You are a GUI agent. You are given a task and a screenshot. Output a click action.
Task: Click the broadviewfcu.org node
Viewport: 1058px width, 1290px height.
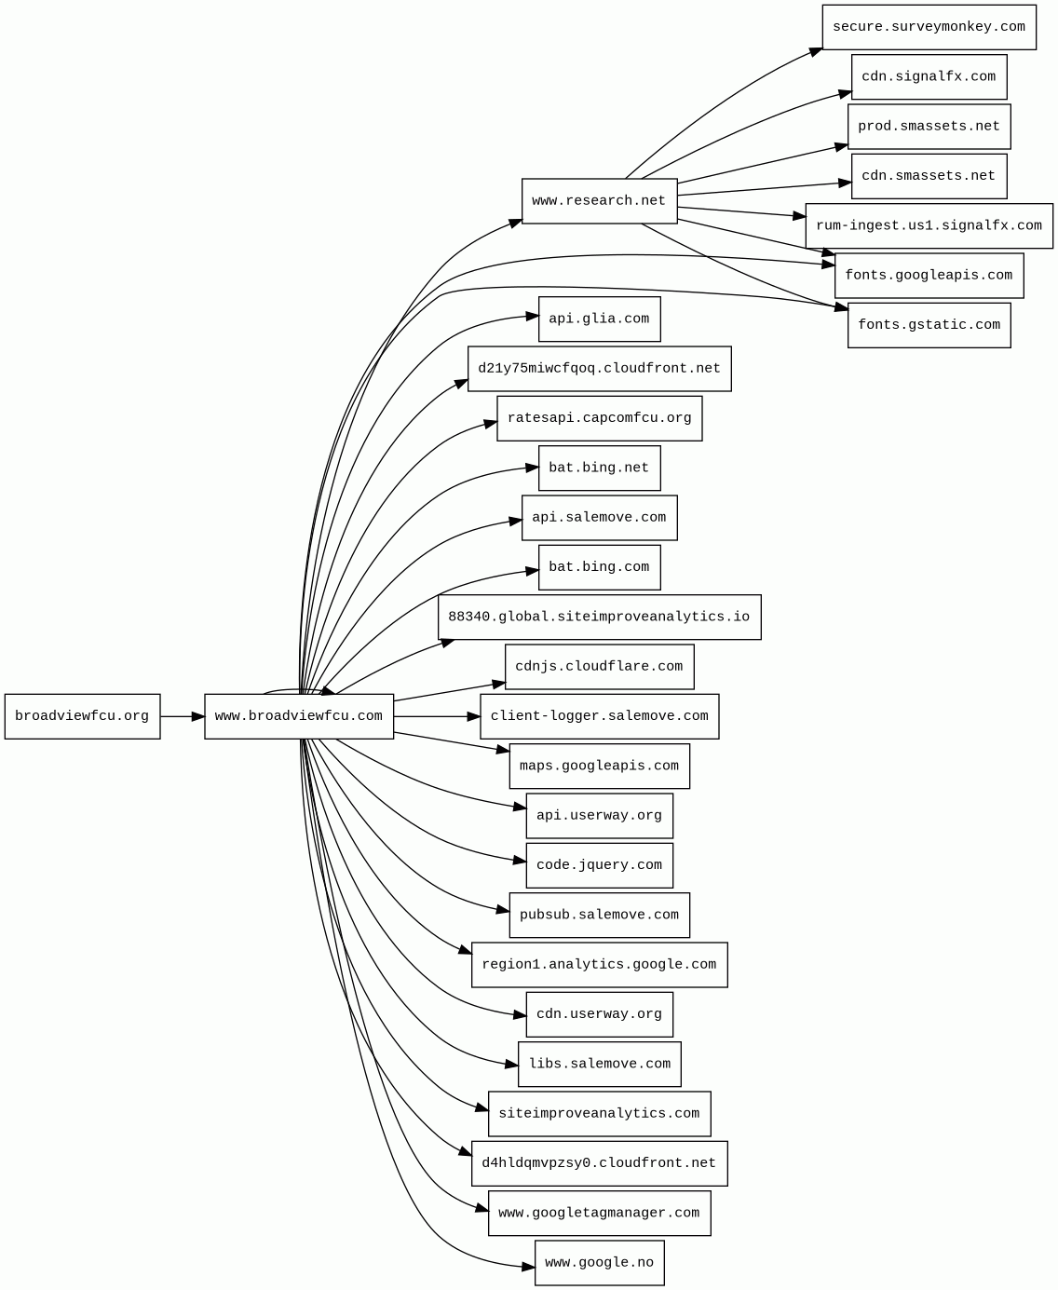pyautogui.click(x=82, y=716)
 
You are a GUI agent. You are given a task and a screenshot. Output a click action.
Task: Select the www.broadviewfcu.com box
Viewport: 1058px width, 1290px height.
pyautogui.click(x=299, y=716)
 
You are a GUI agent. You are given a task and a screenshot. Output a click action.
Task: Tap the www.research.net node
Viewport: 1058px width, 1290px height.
pyautogui.click(x=599, y=201)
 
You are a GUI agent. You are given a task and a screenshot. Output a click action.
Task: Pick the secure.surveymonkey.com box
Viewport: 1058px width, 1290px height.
pyautogui.click(x=929, y=27)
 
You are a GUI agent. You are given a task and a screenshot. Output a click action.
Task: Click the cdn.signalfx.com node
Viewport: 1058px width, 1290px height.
pyautogui.click(x=929, y=76)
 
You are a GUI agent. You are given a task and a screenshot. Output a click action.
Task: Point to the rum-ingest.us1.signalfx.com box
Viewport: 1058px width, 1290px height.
pyautogui.click(x=929, y=225)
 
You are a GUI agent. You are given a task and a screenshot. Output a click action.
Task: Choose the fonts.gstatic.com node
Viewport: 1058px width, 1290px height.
pyautogui.click(x=929, y=325)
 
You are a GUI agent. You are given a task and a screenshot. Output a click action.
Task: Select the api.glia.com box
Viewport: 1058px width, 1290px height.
pyautogui.click(x=599, y=319)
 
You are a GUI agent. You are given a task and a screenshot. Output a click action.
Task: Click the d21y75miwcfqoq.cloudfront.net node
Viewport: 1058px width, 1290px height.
pyautogui.click(x=599, y=369)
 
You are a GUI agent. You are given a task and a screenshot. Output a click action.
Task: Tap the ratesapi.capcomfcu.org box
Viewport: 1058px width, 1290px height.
pyautogui.click(x=599, y=418)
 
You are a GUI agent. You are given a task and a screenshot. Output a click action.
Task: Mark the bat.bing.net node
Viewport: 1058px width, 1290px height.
pyautogui.click(x=599, y=468)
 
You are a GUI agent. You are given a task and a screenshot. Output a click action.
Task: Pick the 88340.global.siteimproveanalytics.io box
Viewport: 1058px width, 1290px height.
pyautogui.click(x=599, y=617)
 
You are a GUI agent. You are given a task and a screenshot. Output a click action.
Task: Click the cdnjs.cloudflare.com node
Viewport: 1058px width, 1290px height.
pyautogui.click(x=599, y=667)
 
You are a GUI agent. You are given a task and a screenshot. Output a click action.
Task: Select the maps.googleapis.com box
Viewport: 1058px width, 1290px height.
pyautogui.click(x=599, y=766)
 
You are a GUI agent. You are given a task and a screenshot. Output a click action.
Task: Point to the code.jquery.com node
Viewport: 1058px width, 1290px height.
pyautogui.click(x=599, y=865)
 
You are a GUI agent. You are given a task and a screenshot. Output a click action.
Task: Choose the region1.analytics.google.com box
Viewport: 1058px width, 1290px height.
pyautogui.click(x=599, y=964)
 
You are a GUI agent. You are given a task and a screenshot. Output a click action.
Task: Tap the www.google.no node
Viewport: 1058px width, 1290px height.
pyautogui.click(x=599, y=1263)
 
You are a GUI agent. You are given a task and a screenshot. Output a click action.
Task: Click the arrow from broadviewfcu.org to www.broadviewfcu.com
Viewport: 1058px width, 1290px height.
pyautogui.click(x=183, y=716)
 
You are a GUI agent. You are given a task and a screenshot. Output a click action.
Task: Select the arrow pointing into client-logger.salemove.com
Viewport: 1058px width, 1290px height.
pyautogui.click(x=438, y=716)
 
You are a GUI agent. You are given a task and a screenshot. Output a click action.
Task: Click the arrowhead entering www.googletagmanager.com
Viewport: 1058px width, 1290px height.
pyautogui.click(x=482, y=1210)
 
